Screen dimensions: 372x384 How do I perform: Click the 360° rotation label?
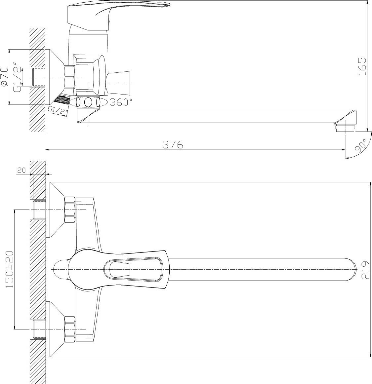point(121,102)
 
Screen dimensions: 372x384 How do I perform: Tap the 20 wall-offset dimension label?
point(21,171)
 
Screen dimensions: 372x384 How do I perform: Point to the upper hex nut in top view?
point(70,210)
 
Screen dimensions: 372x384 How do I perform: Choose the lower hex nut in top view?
point(70,329)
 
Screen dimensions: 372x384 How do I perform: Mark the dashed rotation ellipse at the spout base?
point(88,102)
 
